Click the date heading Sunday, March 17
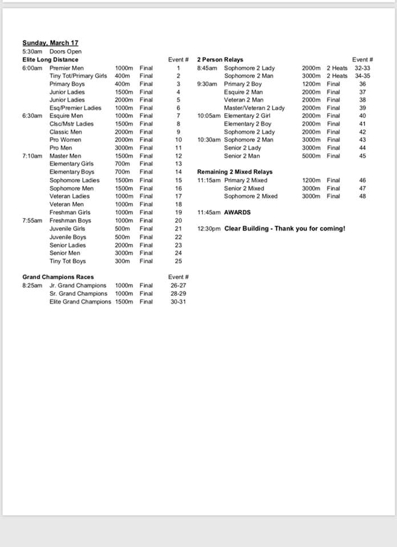(50, 43)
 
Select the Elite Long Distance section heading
(50, 59)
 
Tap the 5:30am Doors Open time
(32, 51)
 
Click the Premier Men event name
(67, 68)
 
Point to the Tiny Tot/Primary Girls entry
(78, 76)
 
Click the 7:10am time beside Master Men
(32, 156)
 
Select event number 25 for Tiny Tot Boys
(179, 261)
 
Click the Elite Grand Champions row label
(80, 301)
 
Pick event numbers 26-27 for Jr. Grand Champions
(179, 285)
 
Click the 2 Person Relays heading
(220, 59)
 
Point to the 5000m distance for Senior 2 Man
(311, 156)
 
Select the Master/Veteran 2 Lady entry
(254, 108)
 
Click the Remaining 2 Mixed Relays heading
(235, 172)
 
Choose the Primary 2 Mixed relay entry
(246, 180)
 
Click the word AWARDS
(237, 213)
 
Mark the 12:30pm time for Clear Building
(208, 228)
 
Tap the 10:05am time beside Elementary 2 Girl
(209, 116)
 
